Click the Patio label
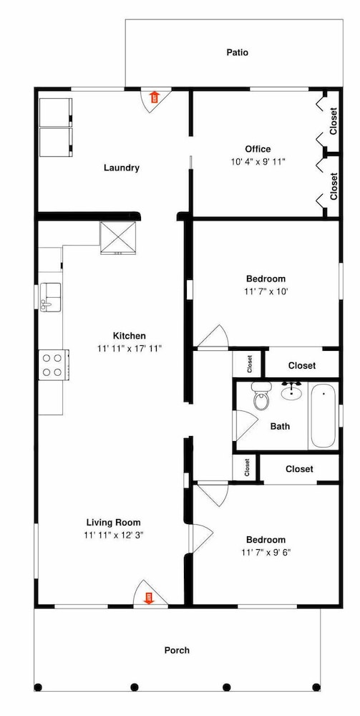(238, 52)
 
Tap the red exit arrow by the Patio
(155, 97)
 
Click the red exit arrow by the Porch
(148, 598)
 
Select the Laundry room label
(122, 168)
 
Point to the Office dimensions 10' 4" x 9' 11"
(258, 162)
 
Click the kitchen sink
(49, 297)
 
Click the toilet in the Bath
(261, 396)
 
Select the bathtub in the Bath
(323, 416)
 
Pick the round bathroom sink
(291, 391)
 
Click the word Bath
(280, 427)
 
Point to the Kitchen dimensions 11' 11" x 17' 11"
(130, 349)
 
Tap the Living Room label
(114, 523)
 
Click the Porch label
(177, 650)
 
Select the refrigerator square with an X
(119, 236)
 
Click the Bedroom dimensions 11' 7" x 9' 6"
(266, 553)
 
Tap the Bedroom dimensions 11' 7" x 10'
(266, 291)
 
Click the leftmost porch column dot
(38, 687)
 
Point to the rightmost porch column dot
(316, 687)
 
